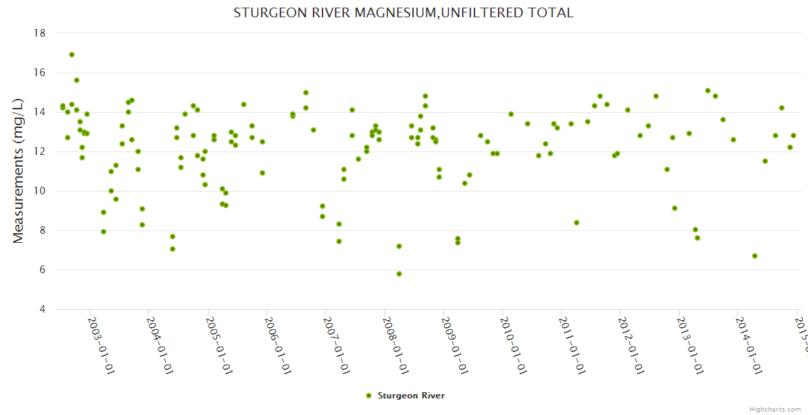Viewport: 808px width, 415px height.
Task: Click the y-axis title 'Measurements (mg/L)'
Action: click(19, 170)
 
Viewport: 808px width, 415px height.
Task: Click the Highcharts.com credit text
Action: click(776, 409)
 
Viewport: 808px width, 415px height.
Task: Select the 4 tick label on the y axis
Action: click(42, 309)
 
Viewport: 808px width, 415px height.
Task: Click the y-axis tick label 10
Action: click(39, 191)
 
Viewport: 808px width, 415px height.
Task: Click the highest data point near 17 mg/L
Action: click(72, 55)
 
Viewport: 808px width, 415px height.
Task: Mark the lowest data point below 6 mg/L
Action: click(399, 274)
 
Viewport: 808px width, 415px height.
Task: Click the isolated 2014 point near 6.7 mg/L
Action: click(755, 256)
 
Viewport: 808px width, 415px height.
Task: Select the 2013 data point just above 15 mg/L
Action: click(708, 91)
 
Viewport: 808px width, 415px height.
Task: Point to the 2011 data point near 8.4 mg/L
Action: click(577, 223)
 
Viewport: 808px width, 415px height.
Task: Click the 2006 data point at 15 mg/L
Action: click(306, 93)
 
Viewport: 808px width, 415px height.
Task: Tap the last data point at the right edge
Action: click(793, 136)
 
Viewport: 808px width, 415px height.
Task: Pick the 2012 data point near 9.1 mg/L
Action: click(675, 208)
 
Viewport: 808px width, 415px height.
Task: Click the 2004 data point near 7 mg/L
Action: click(173, 249)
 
